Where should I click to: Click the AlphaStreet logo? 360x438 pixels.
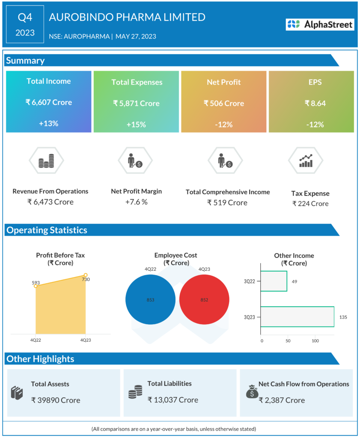point(320,24)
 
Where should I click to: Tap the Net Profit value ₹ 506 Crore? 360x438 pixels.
point(224,103)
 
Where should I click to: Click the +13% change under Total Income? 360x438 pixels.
point(48,124)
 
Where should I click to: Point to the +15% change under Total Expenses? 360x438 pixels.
point(136,124)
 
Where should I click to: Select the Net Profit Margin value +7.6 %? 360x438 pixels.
point(136,202)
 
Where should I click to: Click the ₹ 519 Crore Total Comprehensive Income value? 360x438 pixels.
point(227,203)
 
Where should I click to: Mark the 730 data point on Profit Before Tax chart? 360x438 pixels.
point(86,275)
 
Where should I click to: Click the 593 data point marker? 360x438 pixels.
point(36,286)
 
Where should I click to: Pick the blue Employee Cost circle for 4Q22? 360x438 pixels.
point(150,300)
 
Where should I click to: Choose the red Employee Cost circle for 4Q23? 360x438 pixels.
point(204,300)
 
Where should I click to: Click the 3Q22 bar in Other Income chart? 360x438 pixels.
point(274,281)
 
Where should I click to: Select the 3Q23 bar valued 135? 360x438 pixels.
point(297,317)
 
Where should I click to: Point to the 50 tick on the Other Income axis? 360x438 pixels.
point(288,341)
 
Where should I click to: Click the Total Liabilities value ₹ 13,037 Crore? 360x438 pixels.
point(173,400)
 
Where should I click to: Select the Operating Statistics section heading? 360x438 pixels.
point(47,230)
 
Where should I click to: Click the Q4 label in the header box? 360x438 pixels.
point(25,18)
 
